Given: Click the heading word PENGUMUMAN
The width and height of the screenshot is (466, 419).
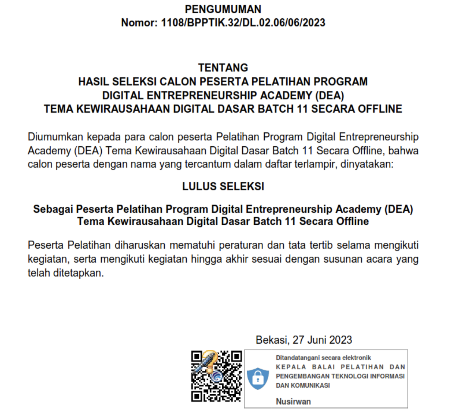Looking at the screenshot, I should [223, 9].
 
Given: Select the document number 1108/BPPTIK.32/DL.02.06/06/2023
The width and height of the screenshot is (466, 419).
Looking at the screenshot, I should [243, 23].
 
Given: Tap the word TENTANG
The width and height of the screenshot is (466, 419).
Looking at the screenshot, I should [223, 68].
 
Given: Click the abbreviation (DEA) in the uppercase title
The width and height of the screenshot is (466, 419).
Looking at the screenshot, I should [330, 95].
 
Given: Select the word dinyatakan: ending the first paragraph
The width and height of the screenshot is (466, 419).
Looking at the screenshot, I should [367, 164].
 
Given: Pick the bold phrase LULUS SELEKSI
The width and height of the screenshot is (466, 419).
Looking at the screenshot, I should [223, 186].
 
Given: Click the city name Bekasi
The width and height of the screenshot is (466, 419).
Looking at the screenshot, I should [272, 340].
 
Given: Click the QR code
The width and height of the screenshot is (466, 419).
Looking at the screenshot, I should [217, 376].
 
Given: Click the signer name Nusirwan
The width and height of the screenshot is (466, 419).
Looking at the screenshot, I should [293, 401].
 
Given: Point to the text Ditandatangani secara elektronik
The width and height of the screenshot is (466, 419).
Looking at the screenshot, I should [323, 358].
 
